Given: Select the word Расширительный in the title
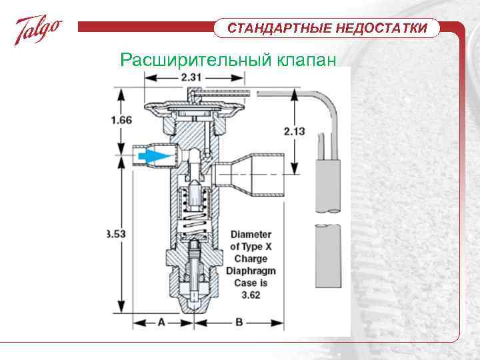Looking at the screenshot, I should click(193, 60).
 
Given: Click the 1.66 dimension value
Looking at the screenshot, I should click(120, 121).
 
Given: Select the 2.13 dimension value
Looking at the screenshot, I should click(294, 131).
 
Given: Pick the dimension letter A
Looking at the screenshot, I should click(160, 323).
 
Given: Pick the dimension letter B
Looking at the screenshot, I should click(238, 323).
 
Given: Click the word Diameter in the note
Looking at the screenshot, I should click(251, 235).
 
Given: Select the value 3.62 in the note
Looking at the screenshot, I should click(251, 294).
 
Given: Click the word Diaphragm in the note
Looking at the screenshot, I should click(251, 271).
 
